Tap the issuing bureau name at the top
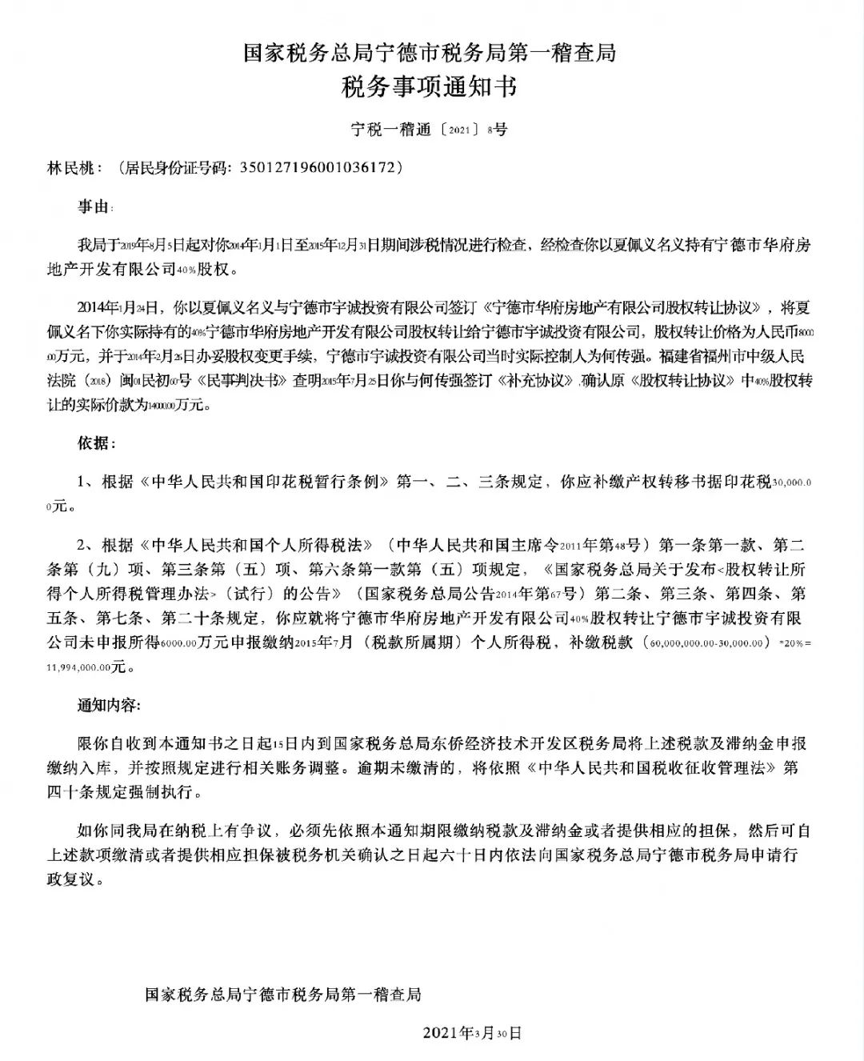(430, 53)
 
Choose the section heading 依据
(94, 442)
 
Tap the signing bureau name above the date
(282, 995)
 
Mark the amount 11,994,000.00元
(87, 665)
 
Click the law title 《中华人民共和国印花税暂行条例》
(264, 482)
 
